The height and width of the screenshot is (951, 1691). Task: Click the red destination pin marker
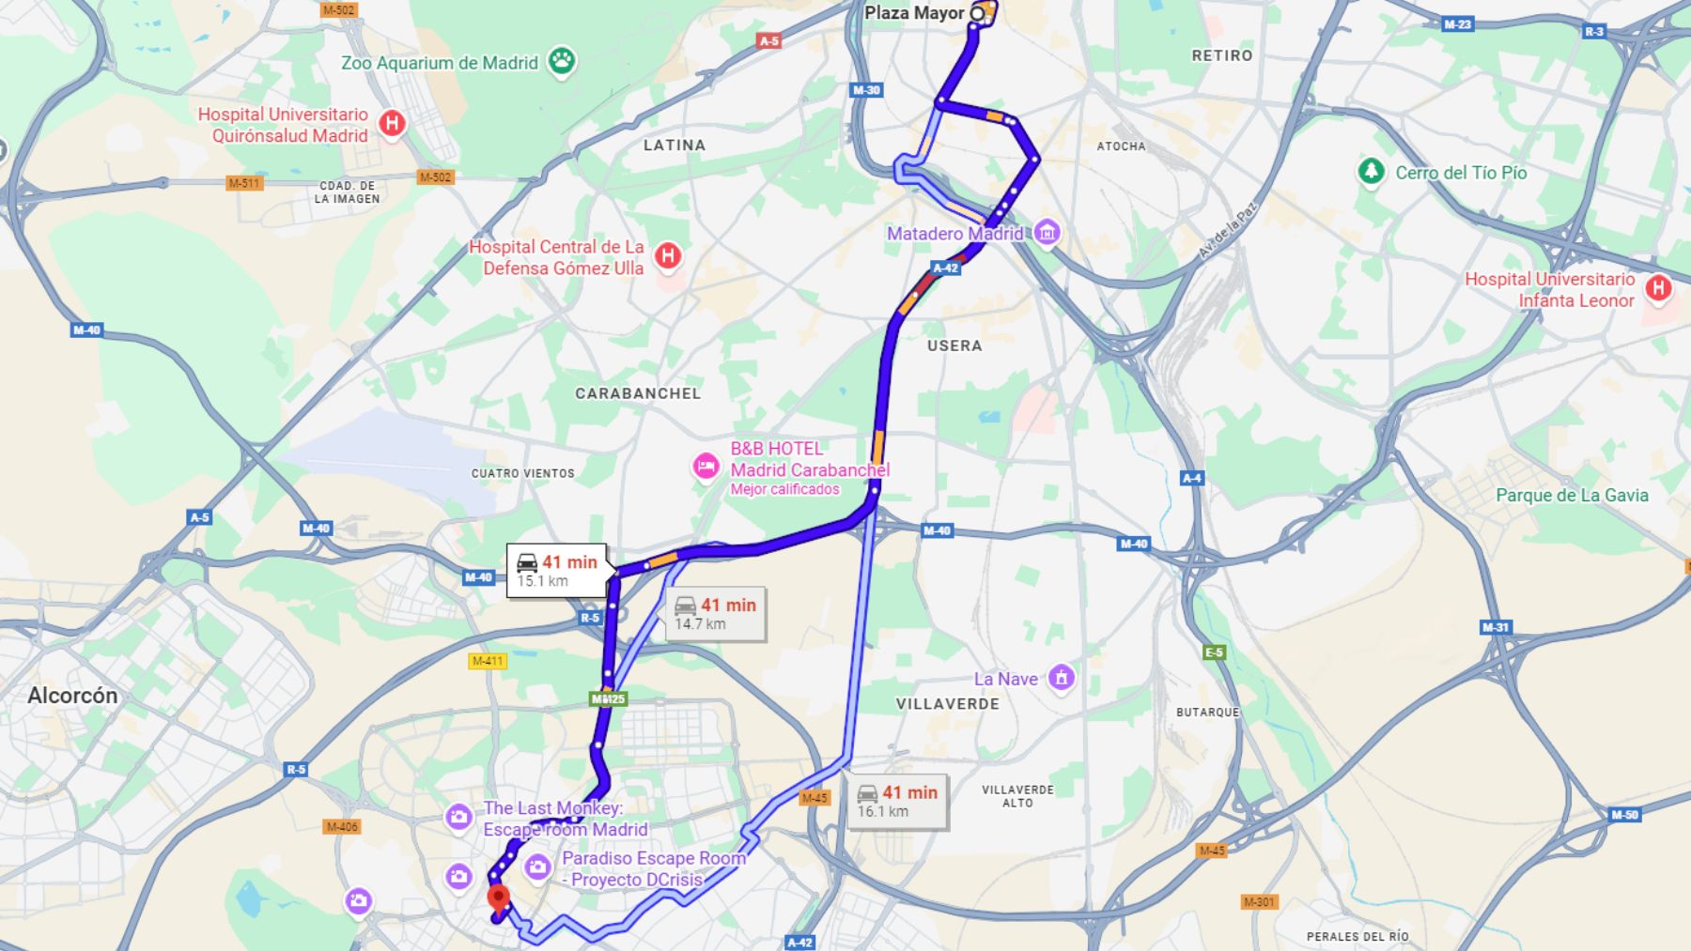pos(498,897)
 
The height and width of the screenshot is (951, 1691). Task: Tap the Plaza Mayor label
pos(913,13)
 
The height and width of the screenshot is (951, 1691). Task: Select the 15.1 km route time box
pos(557,571)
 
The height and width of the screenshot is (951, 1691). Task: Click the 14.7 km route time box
pos(716,614)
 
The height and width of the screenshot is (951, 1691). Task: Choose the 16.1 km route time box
pos(897,801)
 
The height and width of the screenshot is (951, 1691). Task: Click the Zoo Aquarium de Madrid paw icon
pos(562,62)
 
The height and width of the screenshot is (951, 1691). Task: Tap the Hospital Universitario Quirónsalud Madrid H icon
pos(392,123)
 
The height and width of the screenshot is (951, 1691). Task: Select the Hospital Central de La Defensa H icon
pos(668,255)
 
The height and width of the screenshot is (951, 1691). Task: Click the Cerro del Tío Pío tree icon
pos(1371,172)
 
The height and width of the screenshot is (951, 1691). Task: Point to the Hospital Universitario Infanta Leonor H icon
pos(1658,288)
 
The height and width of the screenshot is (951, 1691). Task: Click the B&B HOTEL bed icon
pos(706,466)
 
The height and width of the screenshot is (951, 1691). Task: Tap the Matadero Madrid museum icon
pos(1047,233)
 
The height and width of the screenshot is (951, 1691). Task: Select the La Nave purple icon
pos(1062,677)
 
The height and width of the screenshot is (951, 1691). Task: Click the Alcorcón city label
pos(72,696)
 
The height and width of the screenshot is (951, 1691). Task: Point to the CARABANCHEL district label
pos(638,393)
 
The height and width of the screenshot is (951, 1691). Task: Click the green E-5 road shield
pos(1214,652)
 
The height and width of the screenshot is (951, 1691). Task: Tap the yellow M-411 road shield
pos(488,661)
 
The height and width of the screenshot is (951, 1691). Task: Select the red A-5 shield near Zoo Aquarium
pos(768,40)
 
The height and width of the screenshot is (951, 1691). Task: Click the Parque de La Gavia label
pos(1572,496)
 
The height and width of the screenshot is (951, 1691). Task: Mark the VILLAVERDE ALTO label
pos(1017,796)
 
